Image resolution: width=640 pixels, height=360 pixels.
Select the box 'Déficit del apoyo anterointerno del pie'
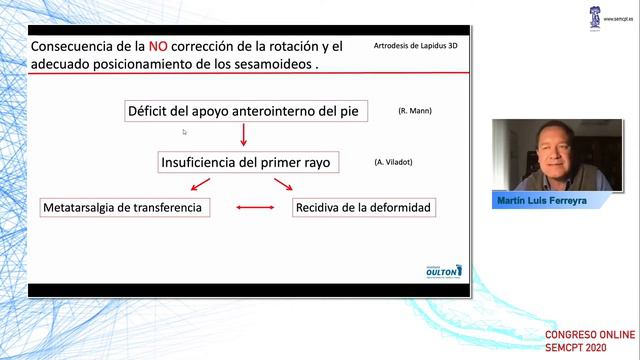[x=242, y=111]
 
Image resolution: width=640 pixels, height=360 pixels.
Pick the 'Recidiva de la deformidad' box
[x=362, y=208]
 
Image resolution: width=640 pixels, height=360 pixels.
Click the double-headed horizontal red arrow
[x=254, y=208]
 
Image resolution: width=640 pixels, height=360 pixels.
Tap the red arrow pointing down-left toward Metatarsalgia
[x=201, y=184]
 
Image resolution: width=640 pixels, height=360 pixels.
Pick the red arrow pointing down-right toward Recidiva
[x=283, y=184]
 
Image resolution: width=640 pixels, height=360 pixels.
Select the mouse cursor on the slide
[x=185, y=131]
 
